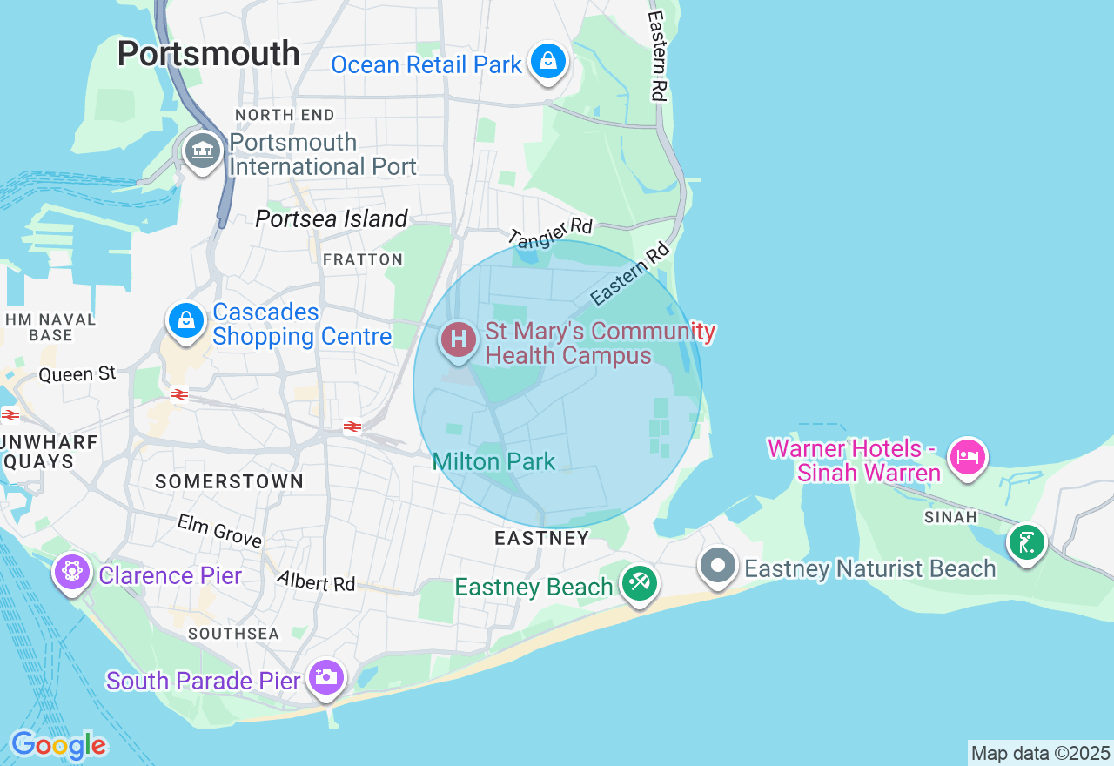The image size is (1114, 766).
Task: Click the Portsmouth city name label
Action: (x=208, y=54)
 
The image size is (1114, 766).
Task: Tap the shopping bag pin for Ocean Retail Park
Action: (x=548, y=62)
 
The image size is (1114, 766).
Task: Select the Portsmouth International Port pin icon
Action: (x=203, y=151)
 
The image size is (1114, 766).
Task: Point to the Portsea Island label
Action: (x=332, y=218)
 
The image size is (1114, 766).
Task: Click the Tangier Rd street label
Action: (x=550, y=232)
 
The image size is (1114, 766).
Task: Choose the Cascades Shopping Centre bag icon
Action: (x=186, y=321)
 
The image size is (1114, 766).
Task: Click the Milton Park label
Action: (x=493, y=461)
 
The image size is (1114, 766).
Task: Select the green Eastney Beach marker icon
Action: (x=640, y=582)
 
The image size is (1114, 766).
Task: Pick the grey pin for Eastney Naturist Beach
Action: (x=718, y=566)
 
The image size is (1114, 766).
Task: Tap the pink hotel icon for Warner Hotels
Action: (x=967, y=456)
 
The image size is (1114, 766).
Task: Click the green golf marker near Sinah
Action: (x=1027, y=543)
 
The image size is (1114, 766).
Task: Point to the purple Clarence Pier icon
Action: (x=72, y=573)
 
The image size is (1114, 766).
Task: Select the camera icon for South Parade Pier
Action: (x=326, y=677)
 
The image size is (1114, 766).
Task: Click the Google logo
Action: (x=58, y=745)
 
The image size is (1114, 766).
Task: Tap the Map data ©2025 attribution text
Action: (x=1040, y=754)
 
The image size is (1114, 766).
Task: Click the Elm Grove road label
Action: (x=219, y=530)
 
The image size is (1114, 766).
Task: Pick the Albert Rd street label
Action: (x=317, y=581)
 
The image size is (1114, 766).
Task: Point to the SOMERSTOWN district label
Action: (x=230, y=481)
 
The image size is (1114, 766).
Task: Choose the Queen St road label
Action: (x=77, y=374)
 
